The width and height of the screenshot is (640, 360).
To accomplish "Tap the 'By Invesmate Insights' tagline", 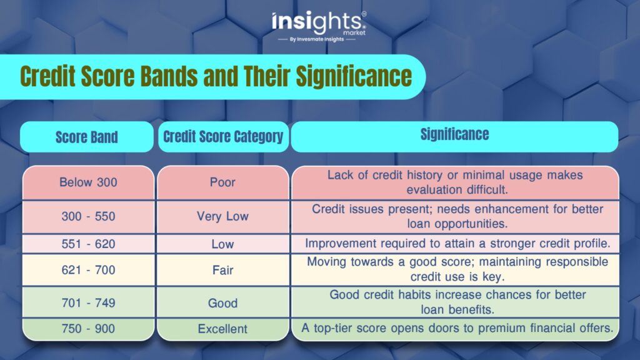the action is point(317,39).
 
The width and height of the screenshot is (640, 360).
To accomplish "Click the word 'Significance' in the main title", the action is point(354,76).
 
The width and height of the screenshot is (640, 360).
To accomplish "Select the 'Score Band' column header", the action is point(86,137).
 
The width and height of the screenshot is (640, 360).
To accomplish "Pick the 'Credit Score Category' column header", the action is point(223,137).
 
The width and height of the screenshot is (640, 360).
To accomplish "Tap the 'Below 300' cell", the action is point(89,182).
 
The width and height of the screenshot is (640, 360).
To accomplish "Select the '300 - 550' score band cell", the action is point(89,216).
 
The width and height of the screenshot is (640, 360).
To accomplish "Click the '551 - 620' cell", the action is point(89,244).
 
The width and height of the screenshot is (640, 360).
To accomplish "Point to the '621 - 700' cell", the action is point(89,270).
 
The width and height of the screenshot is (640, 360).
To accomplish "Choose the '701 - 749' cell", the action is point(89,302).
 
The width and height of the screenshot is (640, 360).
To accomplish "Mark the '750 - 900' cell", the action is point(89,329).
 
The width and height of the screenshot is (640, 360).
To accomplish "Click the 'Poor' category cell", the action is point(223,182).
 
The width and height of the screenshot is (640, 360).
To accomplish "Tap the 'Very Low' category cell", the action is point(223,216).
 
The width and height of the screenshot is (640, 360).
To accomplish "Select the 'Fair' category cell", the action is point(223,270).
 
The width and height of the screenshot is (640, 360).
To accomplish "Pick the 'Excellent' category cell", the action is point(223,329).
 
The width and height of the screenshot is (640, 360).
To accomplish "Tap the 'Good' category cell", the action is point(223,302).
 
